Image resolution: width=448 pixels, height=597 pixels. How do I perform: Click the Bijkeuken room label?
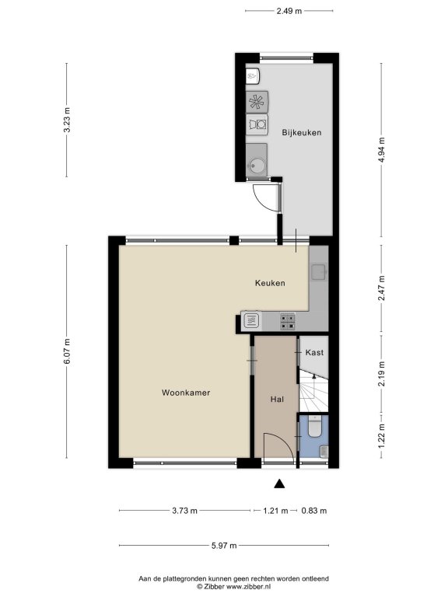pos(301,132)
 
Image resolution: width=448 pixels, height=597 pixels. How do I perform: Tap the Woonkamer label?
pos(186,393)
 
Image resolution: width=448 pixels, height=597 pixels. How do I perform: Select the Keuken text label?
pos(270,283)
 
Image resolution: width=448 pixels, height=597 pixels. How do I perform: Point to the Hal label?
pos(277,400)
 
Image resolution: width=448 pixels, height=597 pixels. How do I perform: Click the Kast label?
pos(314,353)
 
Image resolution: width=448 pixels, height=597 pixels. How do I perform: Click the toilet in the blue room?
pos(315,427)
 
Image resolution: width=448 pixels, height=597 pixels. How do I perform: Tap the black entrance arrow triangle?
pos(280,484)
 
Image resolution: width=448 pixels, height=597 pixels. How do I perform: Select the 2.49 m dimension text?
pos(289,11)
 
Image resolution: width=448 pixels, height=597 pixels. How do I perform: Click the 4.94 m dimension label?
pos(381,149)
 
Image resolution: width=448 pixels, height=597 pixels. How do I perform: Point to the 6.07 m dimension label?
pos(67,351)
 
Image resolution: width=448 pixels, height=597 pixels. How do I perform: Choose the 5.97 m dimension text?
pos(224,546)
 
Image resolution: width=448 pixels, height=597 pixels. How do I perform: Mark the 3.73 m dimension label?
pos(185,511)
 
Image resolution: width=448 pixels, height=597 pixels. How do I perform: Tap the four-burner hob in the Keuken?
pos(288,320)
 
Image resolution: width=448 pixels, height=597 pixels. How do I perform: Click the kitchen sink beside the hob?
pos(251,320)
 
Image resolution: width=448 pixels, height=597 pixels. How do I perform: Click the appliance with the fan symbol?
pos(257,102)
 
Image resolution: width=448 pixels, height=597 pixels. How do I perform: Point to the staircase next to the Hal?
pos(313,392)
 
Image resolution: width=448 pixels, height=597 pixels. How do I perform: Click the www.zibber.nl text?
pos(248,587)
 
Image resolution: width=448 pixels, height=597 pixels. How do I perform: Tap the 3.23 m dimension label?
pos(67,120)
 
